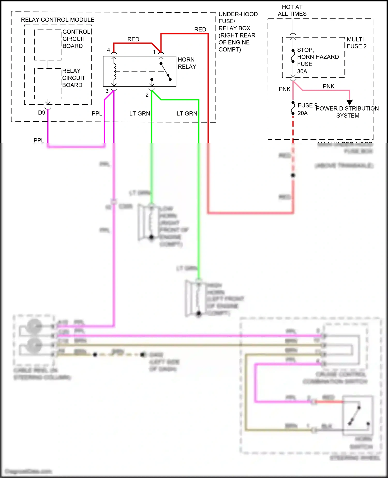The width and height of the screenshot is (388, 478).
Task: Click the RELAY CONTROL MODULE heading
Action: click(x=57, y=20)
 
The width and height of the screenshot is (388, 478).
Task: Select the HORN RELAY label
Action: click(x=187, y=63)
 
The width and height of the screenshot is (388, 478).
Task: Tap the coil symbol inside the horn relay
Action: click(x=114, y=71)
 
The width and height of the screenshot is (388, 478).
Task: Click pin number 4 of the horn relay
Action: click(x=108, y=50)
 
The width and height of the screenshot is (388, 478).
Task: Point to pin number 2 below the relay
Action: click(x=147, y=95)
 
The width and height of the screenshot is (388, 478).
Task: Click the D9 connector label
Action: click(x=41, y=113)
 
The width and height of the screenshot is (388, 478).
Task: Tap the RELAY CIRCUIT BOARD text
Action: click(x=73, y=78)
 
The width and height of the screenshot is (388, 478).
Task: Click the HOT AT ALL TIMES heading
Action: click(x=292, y=10)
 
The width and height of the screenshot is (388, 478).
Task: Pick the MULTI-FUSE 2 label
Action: click(x=356, y=43)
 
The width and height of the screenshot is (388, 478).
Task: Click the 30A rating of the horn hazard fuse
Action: click(x=302, y=71)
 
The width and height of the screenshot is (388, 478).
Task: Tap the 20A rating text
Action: click(x=302, y=113)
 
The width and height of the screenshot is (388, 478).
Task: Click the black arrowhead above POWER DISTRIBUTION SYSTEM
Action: click(x=349, y=102)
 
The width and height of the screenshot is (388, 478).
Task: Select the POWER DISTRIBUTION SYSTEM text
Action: click(x=347, y=112)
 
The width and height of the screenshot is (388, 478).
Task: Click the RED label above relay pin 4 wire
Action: click(x=133, y=39)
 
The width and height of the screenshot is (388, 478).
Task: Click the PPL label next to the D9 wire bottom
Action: click(x=39, y=140)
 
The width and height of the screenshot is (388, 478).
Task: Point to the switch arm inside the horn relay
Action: click(x=166, y=71)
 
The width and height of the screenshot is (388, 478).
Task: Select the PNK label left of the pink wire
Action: click(x=285, y=89)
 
